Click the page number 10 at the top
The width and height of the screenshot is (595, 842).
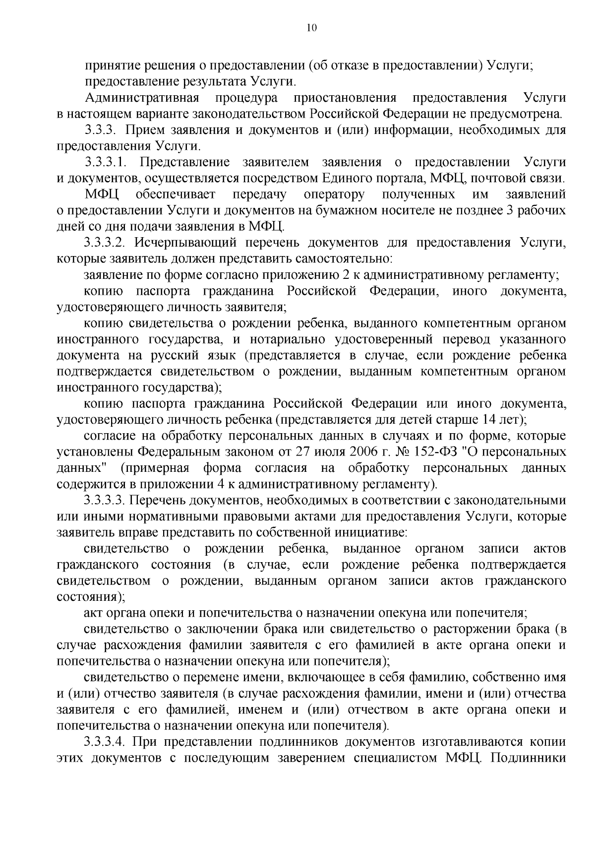[311, 28]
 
